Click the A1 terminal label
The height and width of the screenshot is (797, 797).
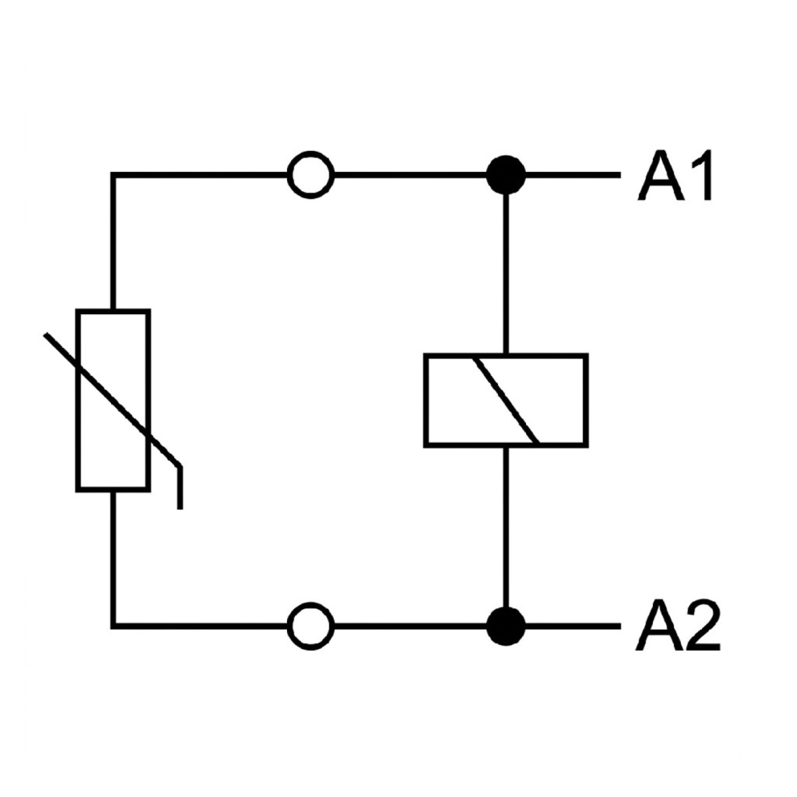[674, 175]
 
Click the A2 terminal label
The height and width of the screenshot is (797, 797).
[677, 626]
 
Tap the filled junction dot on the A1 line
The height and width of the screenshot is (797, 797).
[506, 175]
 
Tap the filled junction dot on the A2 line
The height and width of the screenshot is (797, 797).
[506, 626]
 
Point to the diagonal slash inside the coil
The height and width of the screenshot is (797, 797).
[507, 400]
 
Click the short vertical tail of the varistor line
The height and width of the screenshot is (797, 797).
[180, 487]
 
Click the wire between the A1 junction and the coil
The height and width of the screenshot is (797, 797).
[506, 274]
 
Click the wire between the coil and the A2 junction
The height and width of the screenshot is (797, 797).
[506, 527]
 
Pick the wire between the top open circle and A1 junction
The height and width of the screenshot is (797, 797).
[410, 175]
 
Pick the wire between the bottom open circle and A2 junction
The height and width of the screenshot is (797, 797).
[410, 626]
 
